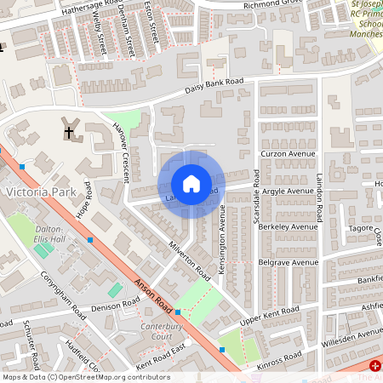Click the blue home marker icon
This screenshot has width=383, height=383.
click(191, 184)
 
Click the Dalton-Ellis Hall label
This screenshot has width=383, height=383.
click(49, 235)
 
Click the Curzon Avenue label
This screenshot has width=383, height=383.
click(289, 154)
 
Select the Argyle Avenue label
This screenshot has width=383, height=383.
click(288, 191)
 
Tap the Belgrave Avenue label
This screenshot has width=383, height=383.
click(288, 263)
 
